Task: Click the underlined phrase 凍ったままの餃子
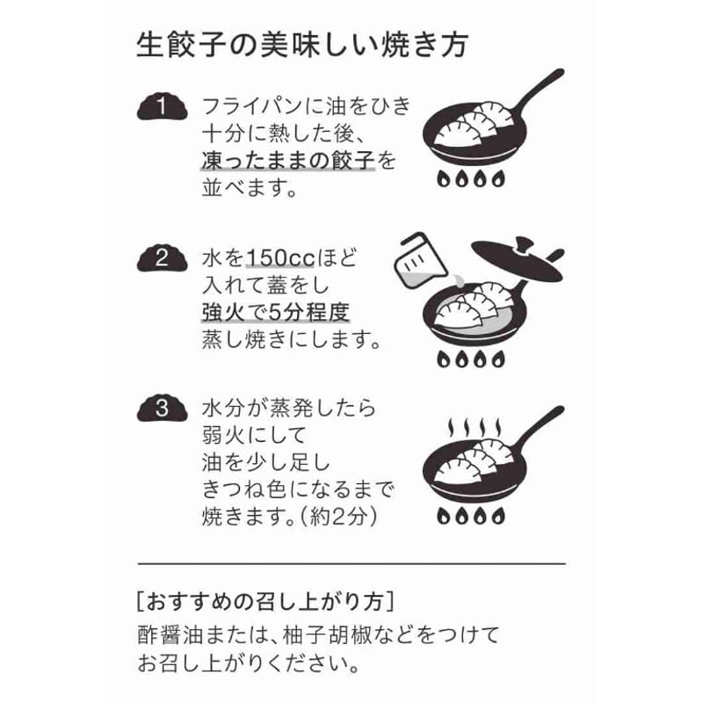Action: pyautogui.click(x=287, y=161)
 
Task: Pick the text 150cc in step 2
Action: pyautogui.click(x=279, y=258)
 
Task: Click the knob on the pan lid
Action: pyautogui.click(x=520, y=243)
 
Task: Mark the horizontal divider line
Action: pyautogui.click(x=351, y=562)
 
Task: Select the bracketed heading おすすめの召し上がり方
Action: pyautogui.click(x=265, y=603)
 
